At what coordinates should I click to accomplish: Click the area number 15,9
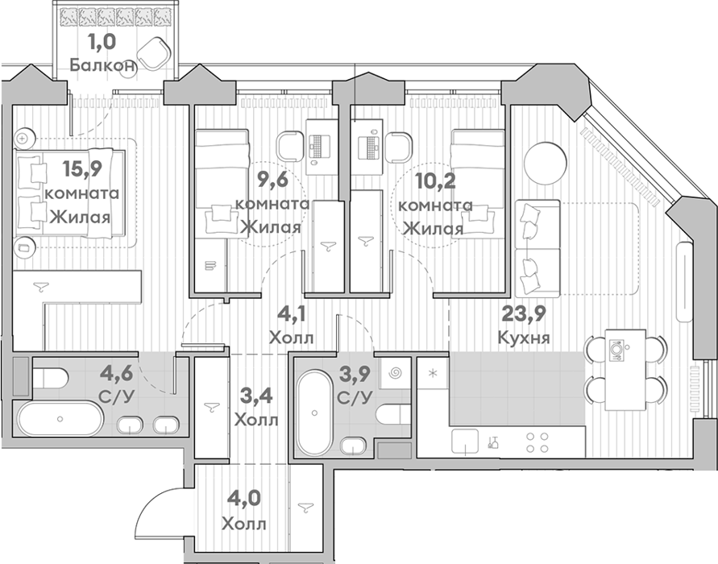pyautogui.click(x=82, y=169)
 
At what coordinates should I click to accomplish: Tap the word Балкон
pyautogui.click(x=103, y=65)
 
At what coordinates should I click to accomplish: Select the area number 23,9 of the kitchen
pyautogui.click(x=524, y=313)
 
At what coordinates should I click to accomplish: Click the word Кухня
pyautogui.click(x=523, y=338)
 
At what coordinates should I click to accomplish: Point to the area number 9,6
pyautogui.click(x=272, y=180)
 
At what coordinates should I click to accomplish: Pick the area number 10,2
pyautogui.click(x=435, y=182)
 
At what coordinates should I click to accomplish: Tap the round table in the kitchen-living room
pyautogui.click(x=546, y=164)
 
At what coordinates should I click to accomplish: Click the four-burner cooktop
pyautogui.click(x=537, y=442)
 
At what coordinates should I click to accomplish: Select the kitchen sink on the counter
pyautogui.click(x=465, y=442)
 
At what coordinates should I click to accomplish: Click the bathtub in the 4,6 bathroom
pyautogui.click(x=60, y=418)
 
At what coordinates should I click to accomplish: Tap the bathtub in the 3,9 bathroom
pyautogui.click(x=314, y=413)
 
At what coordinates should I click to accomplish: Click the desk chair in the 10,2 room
pyautogui.click(x=399, y=147)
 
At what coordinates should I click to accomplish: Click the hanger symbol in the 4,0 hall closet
pyautogui.click(x=306, y=507)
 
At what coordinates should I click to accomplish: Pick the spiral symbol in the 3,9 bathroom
pyautogui.click(x=395, y=374)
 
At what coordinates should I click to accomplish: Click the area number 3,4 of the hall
pyautogui.click(x=256, y=396)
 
